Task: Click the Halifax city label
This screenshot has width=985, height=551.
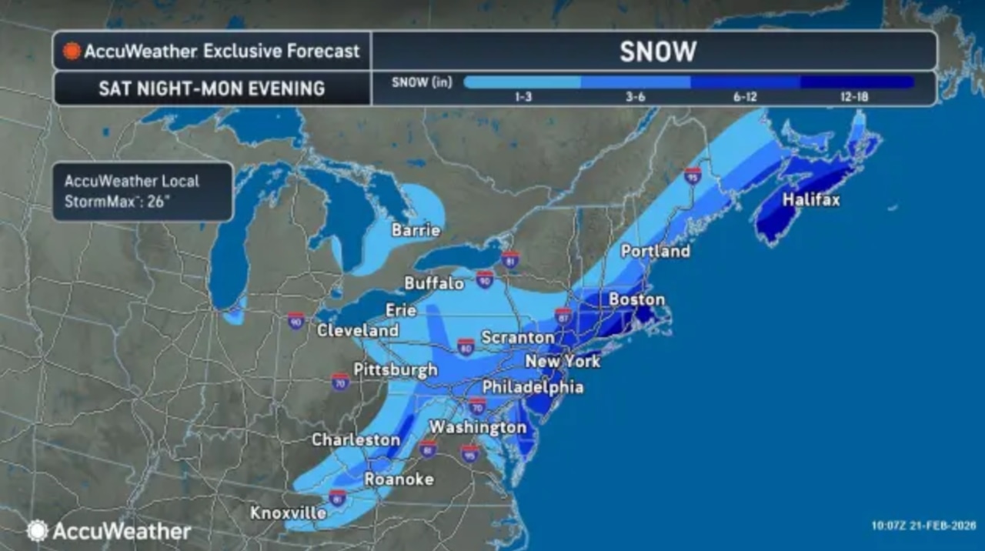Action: (x=811, y=200)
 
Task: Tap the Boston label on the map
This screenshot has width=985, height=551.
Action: (x=636, y=299)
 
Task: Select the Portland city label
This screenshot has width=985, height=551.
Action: (x=655, y=251)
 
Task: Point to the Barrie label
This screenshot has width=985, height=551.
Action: (x=416, y=230)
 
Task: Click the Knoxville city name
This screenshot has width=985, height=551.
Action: (x=289, y=513)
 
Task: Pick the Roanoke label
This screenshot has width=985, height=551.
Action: (x=399, y=479)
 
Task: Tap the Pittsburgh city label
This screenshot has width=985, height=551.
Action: (x=396, y=369)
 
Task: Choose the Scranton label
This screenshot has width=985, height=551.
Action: (x=517, y=337)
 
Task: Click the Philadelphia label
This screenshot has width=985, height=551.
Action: (x=533, y=387)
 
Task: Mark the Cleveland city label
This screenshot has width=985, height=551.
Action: (x=359, y=331)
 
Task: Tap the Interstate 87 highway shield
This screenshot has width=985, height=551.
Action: (x=563, y=315)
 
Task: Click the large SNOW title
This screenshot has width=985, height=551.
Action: (x=657, y=52)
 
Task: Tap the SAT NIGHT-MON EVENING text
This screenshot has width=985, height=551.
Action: (x=212, y=88)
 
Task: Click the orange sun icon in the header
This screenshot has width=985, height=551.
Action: (x=72, y=52)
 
